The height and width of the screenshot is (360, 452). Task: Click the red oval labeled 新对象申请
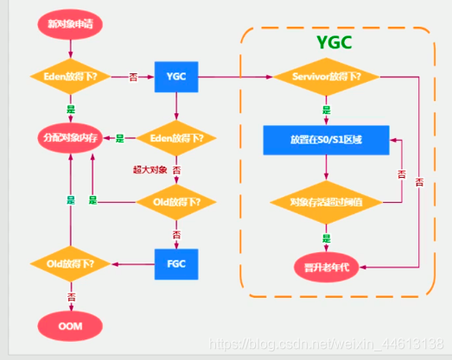coord(70,24)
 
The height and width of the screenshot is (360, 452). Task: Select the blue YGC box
coord(176,78)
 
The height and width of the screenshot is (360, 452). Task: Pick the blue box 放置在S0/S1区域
coord(327,139)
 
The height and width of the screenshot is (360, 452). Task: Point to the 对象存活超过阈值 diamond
coord(327,203)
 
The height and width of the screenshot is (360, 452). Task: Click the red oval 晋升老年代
coord(327,264)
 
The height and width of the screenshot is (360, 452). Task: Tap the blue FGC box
coord(176,262)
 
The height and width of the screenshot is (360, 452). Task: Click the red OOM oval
coord(70,325)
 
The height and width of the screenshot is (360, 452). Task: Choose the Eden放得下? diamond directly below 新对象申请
coord(71,78)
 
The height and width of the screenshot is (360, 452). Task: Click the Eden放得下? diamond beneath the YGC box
coord(176,138)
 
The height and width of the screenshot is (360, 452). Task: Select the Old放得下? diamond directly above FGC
coord(176,202)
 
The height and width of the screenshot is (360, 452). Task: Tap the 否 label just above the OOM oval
coord(71,296)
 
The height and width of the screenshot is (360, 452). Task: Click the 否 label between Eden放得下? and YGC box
coord(132,78)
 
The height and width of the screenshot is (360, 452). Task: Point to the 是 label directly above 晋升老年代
coord(327,237)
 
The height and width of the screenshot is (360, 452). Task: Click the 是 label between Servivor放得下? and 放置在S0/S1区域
coord(327,111)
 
